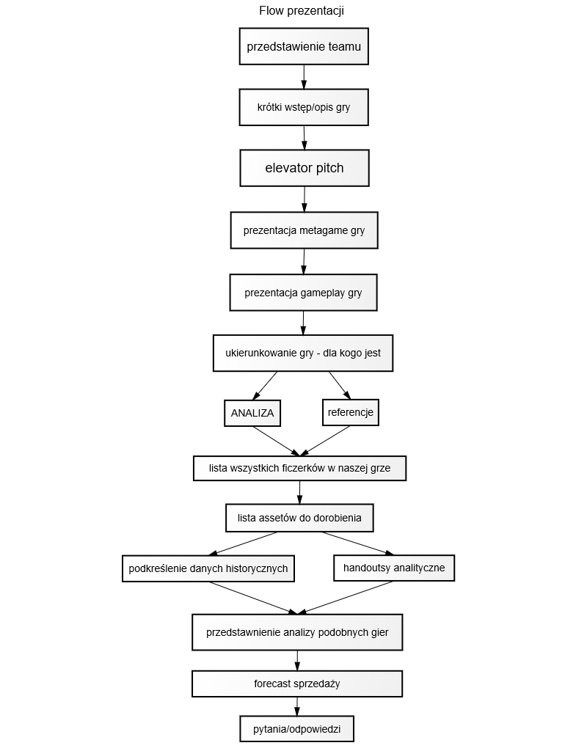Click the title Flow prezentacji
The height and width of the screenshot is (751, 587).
pyautogui.click(x=302, y=10)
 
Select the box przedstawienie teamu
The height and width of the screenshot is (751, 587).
pyautogui.click(x=304, y=46)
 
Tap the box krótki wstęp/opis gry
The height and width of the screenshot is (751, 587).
pyautogui.click(x=304, y=107)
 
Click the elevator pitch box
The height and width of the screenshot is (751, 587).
pyautogui.click(x=305, y=168)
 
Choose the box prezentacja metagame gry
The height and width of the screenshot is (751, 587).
pyautogui.click(x=305, y=230)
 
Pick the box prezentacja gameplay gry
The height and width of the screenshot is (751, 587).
pyautogui.click(x=303, y=293)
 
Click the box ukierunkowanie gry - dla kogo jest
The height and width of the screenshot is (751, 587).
pyautogui.click(x=303, y=353)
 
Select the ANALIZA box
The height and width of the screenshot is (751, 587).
pyautogui.click(x=252, y=413)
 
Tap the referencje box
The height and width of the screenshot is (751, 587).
pyautogui.click(x=351, y=412)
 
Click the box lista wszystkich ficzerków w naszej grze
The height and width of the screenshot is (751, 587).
pyautogui.click(x=300, y=469)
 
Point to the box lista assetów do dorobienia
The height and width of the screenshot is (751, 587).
pyautogui.click(x=299, y=518)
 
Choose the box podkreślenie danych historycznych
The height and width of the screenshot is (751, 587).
pyautogui.click(x=208, y=568)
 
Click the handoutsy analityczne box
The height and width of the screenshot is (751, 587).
pyautogui.click(x=394, y=568)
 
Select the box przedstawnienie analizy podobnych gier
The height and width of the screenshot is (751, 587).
pyautogui.click(x=297, y=632)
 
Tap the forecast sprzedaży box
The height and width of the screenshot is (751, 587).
pyautogui.click(x=297, y=684)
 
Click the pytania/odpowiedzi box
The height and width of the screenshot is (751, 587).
pyautogui.click(x=297, y=729)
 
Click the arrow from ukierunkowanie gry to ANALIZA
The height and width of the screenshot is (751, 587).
pyautogui.click(x=265, y=386)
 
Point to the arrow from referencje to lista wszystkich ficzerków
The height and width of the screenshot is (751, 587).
pyautogui.click(x=324, y=441)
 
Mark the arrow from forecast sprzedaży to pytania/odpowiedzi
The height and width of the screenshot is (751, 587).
pyautogui.click(x=297, y=706)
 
